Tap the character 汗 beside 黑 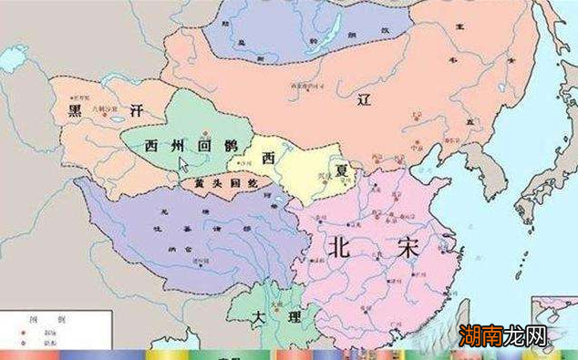136,110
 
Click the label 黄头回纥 219,184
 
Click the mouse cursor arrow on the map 184,165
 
